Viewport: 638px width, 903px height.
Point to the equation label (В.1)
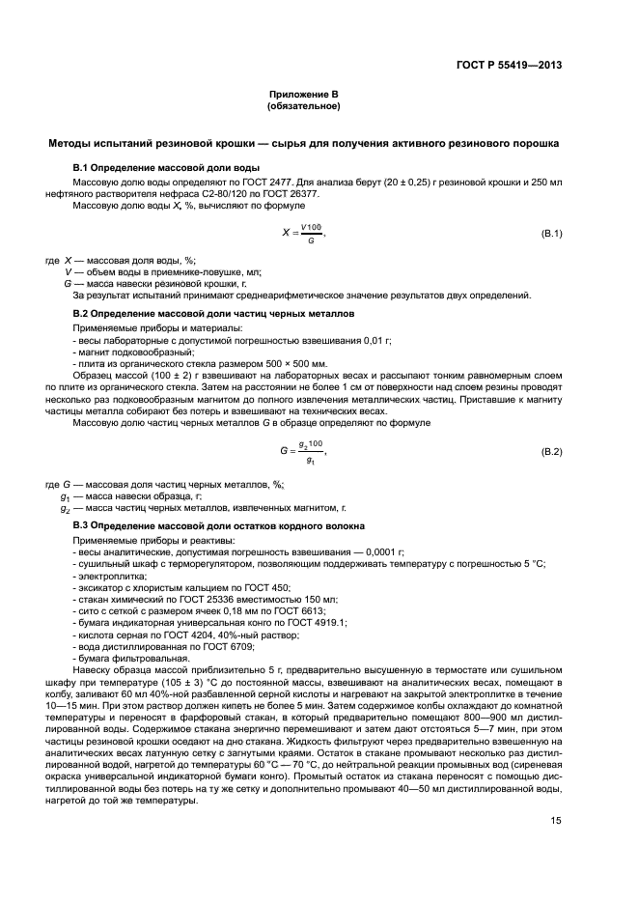(x=551, y=235)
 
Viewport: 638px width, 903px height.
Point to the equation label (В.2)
(x=551, y=452)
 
